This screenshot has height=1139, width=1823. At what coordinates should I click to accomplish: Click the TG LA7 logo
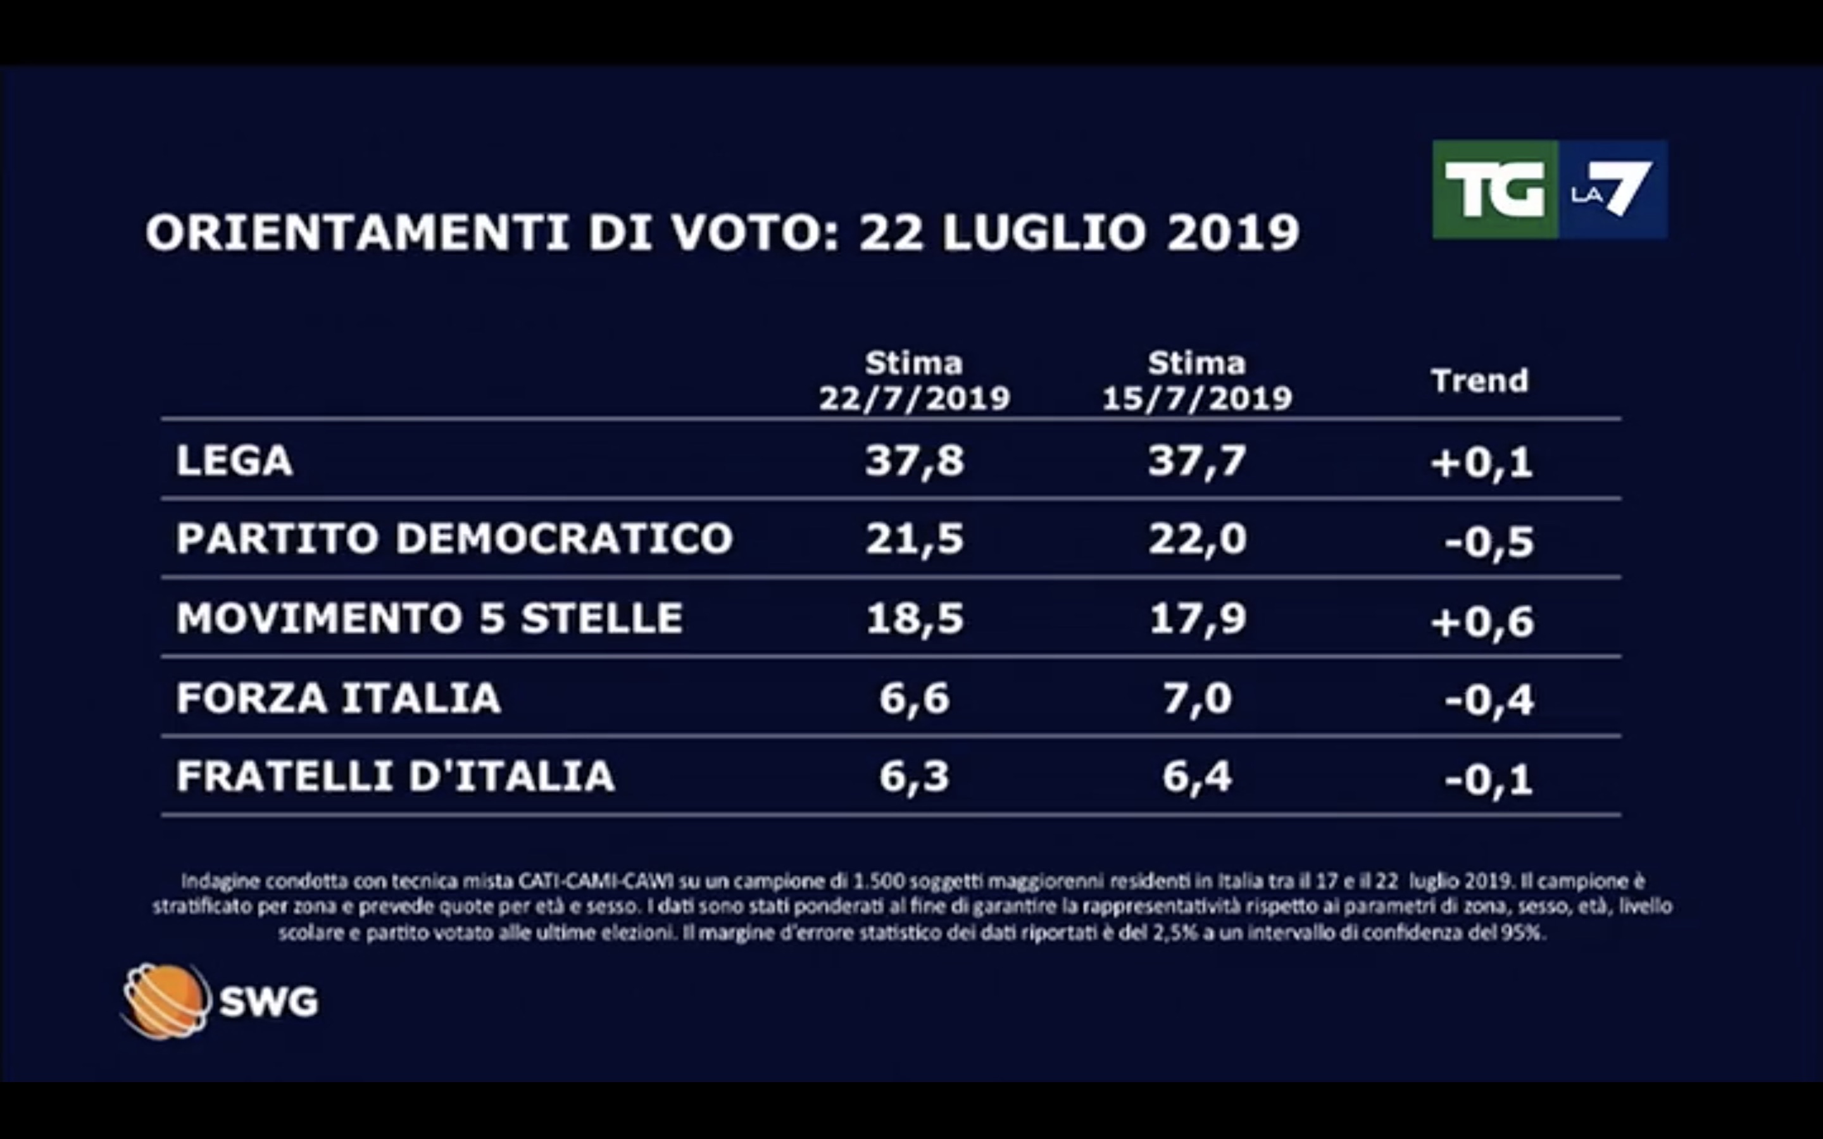[x=1549, y=190]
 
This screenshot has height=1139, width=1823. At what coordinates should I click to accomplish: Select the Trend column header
[x=1479, y=381]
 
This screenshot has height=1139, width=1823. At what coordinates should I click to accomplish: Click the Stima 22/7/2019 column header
[x=914, y=381]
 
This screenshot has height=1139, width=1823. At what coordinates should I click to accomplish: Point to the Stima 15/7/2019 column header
[x=1197, y=381]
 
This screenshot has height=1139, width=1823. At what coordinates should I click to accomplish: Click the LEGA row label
[x=234, y=460]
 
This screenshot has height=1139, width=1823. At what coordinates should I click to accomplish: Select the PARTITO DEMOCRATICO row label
[x=454, y=538]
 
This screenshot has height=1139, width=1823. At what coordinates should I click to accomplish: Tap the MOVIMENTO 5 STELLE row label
[x=429, y=618]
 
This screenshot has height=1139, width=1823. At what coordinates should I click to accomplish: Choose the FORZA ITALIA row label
[x=338, y=697]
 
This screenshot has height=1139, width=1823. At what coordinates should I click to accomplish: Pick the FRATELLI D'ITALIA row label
[x=396, y=776]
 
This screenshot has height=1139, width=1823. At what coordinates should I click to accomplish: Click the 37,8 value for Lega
[x=914, y=460]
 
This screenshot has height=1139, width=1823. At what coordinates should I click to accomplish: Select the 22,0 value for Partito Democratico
[x=1197, y=539]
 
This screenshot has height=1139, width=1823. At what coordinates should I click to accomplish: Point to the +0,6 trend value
[x=1482, y=622]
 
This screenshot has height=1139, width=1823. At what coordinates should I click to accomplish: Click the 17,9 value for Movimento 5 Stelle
[x=1197, y=618]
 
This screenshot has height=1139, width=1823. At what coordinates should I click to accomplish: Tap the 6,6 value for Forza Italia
[x=914, y=697]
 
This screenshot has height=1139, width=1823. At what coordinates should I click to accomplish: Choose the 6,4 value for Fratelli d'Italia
[x=1197, y=776]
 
